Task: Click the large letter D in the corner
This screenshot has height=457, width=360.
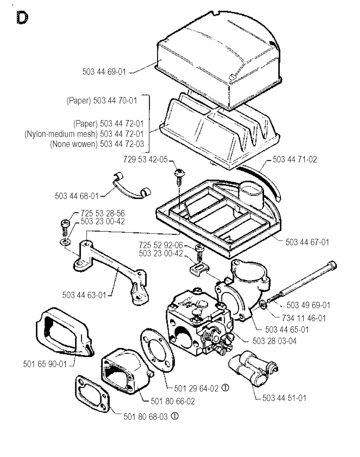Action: [22, 18]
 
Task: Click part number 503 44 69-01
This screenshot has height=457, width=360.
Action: [104, 72]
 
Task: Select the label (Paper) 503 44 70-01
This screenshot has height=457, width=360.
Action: [102, 101]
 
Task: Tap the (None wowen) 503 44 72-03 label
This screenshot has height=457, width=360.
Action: [97, 144]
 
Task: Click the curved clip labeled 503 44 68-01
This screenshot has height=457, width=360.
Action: [132, 185]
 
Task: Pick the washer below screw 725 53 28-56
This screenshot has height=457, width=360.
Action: [65, 242]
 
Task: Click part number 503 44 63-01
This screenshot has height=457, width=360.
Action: [84, 295]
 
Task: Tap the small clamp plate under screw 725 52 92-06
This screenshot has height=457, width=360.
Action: [199, 269]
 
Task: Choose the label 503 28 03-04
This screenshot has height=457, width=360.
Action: [274, 341]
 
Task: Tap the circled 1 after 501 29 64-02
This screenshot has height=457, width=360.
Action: [225, 388]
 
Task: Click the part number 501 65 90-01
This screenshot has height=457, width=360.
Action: [45, 364]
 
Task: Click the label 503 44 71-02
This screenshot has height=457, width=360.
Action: [295, 159]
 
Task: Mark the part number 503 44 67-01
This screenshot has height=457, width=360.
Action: [307, 242]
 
